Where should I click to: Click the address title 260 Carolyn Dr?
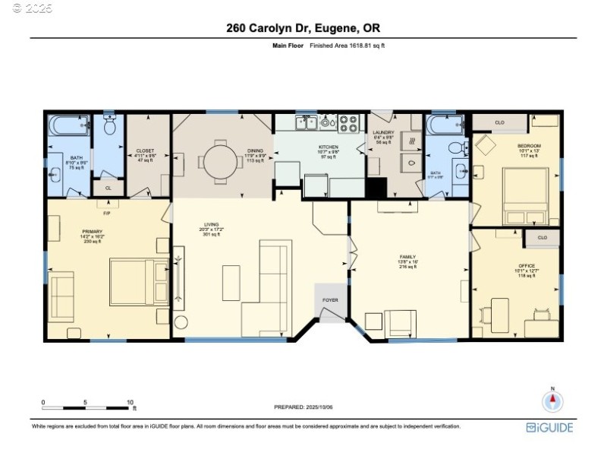tap(303, 28)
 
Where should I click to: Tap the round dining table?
tap(220, 161)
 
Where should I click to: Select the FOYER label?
tap(330, 300)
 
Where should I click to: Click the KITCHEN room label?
tap(329, 147)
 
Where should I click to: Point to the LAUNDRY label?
tap(384, 133)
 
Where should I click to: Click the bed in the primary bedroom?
tap(137, 281)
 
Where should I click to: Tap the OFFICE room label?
tap(516, 266)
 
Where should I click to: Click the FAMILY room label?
tap(407, 258)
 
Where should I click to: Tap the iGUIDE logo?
tap(550, 428)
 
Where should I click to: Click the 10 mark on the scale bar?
tap(130, 402)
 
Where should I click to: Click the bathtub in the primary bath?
tap(70, 126)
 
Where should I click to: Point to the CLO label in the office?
tap(542, 237)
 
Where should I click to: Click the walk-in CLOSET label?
tap(145, 151)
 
